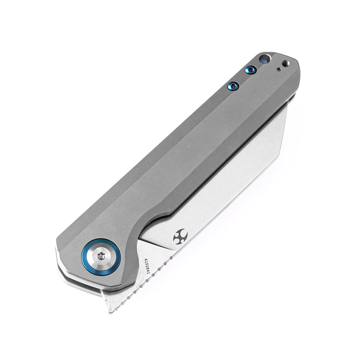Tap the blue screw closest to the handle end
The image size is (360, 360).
click(251, 70)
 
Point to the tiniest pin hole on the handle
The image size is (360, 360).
click(279, 69)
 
